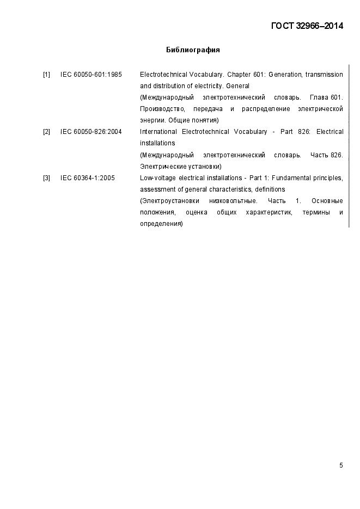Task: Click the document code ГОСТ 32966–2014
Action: pyautogui.click(x=307, y=26)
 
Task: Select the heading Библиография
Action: pyautogui.click(x=193, y=50)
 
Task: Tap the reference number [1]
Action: pyautogui.click(x=47, y=75)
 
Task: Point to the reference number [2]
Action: pyautogui.click(x=47, y=132)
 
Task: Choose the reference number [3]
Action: pyautogui.click(x=47, y=178)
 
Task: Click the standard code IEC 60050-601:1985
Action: pyautogui.click(x=91, y=75)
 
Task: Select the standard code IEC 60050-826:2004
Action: pyautogui.click(x=91, y=132)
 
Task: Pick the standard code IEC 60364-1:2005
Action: pyautogui.click(x=88, y=178)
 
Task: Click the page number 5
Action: pyautogui.click(x=341, y=465)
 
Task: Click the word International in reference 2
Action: pyautogui.click(x=158, y=132)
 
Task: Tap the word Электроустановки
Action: pyautogui.click(x=168, y=201)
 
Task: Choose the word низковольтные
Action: pyautogui.click(x=233, y=201)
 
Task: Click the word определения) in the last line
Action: pyautogui.click(x=161, y=224)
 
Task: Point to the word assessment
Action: pyautogui.click(x=156, y=189)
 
